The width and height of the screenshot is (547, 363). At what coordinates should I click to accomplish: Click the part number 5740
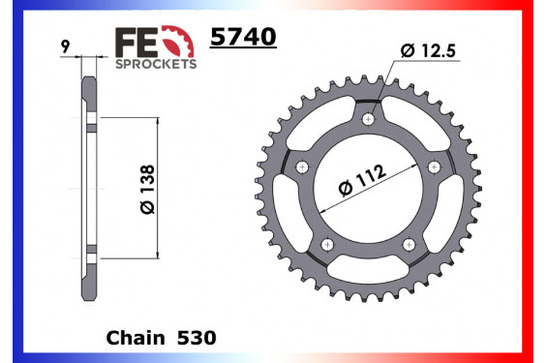(243, 38)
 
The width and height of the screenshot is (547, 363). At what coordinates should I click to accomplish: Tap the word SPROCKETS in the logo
(157, 63)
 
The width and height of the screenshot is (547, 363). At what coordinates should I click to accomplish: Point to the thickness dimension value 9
(63, 45)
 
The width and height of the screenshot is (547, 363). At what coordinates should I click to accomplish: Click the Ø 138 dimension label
(146, 190)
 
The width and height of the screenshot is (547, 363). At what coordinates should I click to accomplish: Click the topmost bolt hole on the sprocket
(368, 119)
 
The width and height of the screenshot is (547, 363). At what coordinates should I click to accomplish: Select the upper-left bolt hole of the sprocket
(303, 167)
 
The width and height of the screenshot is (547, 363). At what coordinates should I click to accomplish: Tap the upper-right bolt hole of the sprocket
(433, 167)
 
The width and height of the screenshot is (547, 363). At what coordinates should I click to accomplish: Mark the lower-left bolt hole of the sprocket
(328, 243)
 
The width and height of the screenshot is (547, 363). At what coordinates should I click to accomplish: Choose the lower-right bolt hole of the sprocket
(409, 243)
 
